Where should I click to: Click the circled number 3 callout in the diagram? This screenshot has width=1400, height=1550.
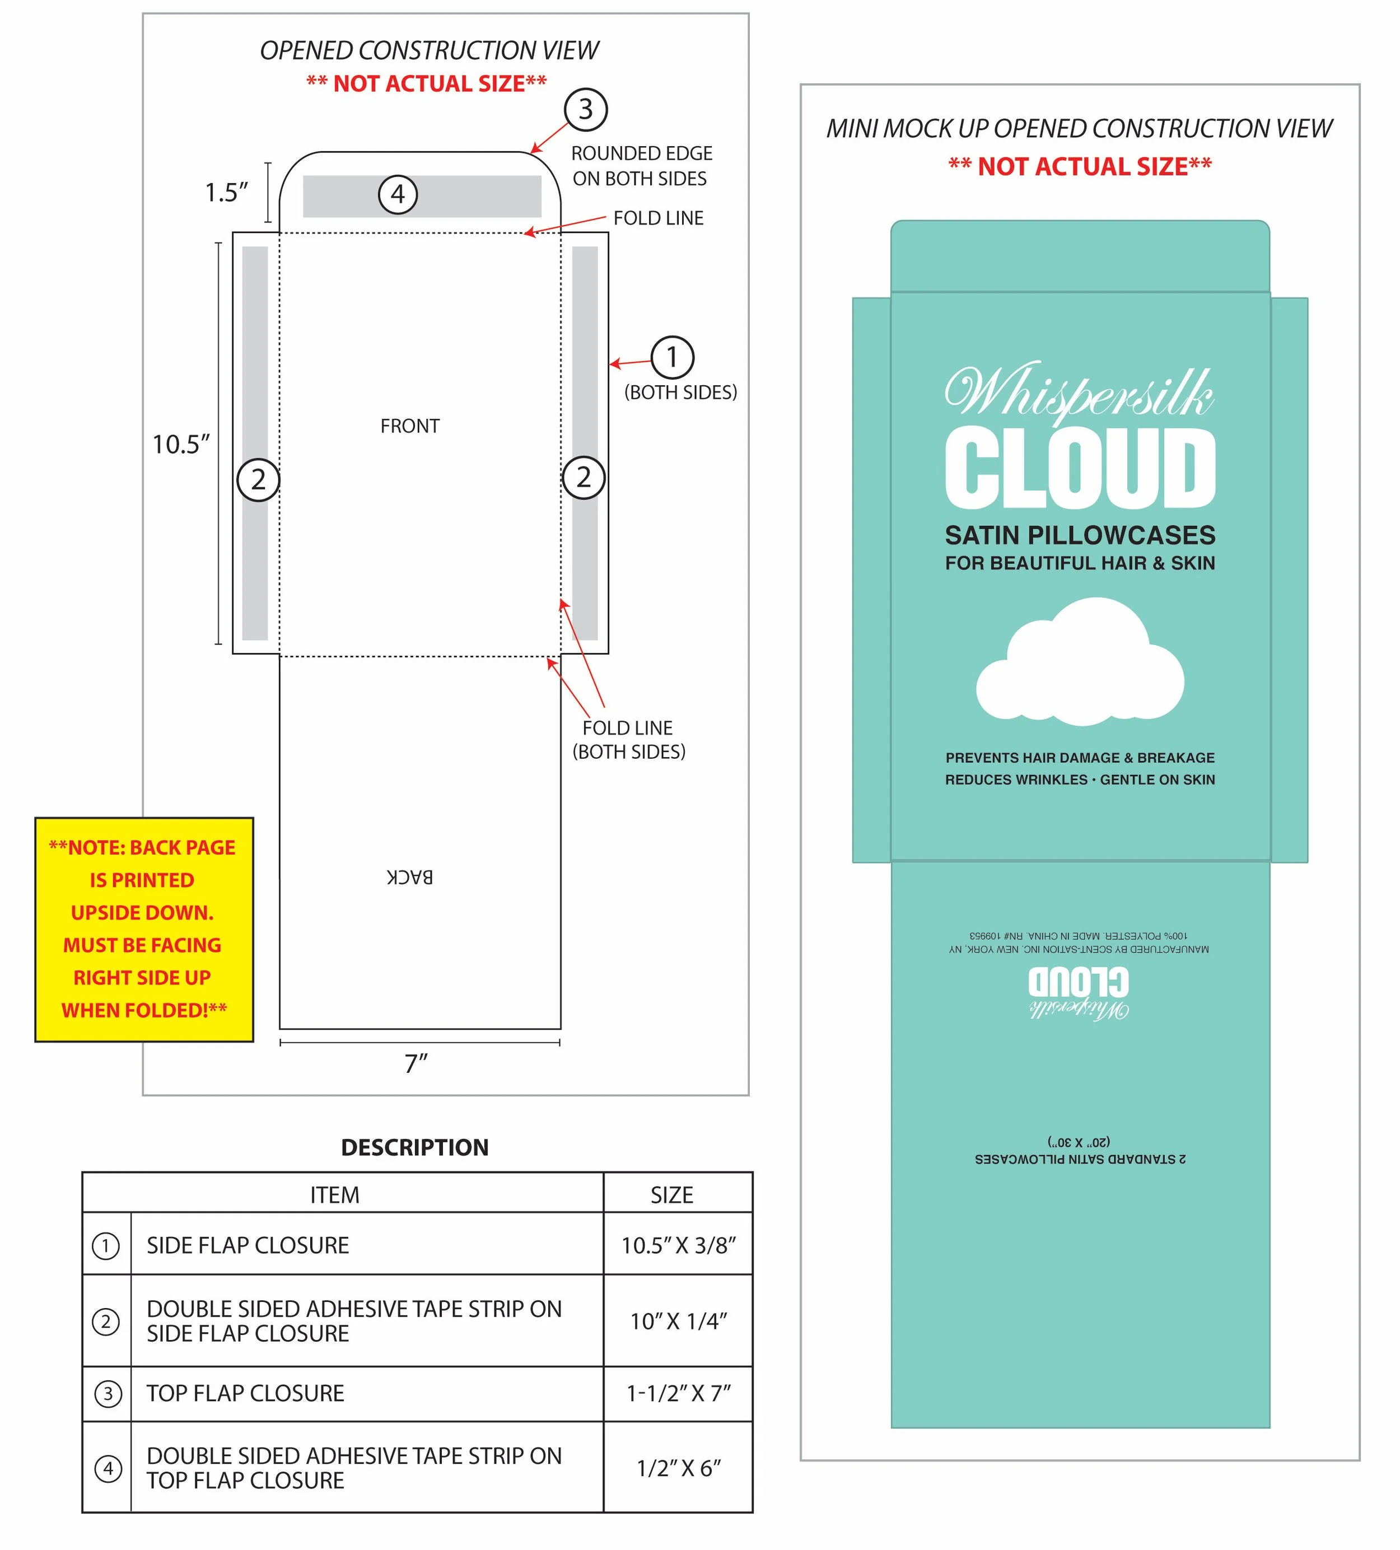[x=585, y=109]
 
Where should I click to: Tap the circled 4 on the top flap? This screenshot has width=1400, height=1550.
[x=398, y=194]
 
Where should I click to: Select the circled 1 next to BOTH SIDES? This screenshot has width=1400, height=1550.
[x=672, y=357]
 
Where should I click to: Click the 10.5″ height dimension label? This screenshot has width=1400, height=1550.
[x=181, y=445]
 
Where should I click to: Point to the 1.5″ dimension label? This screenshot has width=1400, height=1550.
[x=226, y=192]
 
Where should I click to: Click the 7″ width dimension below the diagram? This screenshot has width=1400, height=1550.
[x=416, y=1063]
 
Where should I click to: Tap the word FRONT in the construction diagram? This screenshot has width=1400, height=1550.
[x=410, y=426]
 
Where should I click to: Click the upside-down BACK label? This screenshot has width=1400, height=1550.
[x=410, y=877]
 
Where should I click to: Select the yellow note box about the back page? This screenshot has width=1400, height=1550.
[x=144, y=929]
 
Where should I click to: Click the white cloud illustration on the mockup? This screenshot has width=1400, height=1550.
[x=1080, y=663]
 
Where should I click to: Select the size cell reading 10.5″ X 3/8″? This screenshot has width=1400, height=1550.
[x=678, y=1245]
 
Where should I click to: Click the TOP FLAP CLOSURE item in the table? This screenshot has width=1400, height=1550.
[x=245, y=1393]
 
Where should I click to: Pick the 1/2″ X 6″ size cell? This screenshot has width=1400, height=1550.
[x=678, y=1468]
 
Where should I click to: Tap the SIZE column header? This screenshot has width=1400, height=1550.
[x=671, y=1195]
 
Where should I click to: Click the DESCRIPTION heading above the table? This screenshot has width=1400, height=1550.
[x=414, y=1147]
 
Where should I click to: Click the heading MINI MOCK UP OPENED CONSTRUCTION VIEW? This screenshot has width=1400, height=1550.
[x=1079, y=128]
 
